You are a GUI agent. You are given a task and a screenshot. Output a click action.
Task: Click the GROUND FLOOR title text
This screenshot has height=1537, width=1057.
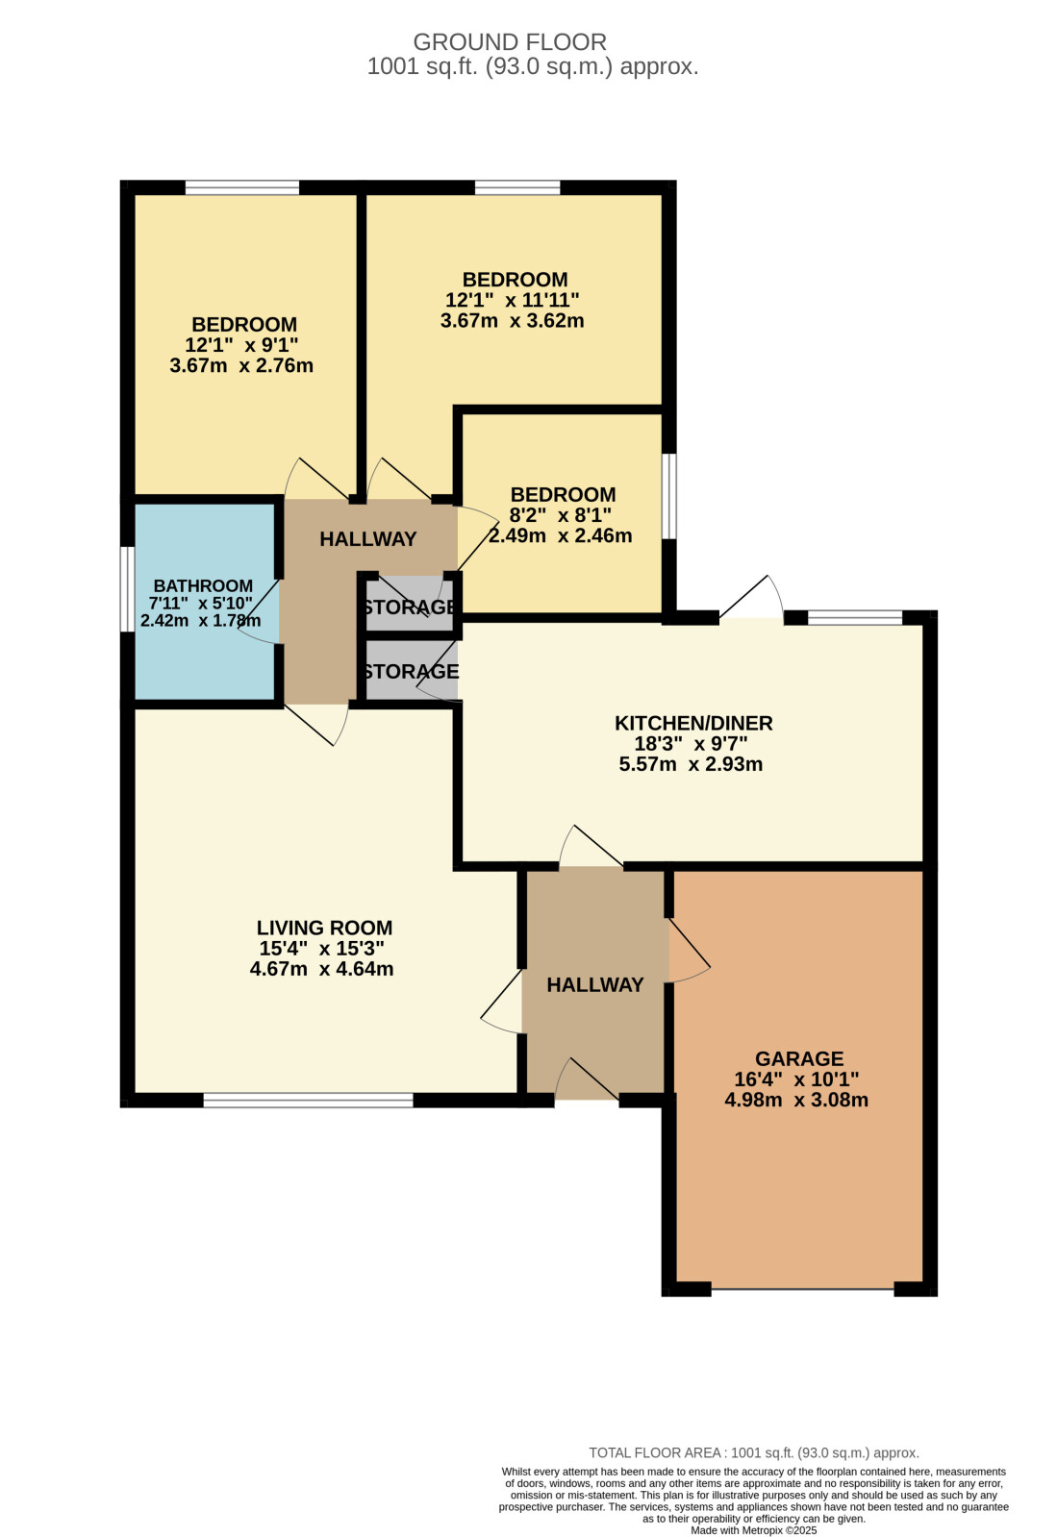(x=510, y=42)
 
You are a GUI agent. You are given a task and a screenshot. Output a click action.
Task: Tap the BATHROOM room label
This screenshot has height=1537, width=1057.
(x=203, y=586)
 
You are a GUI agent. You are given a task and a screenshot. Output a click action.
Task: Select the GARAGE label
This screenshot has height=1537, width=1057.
(x=799, y=1058)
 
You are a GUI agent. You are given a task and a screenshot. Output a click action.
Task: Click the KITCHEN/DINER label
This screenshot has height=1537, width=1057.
(x=693, y=723)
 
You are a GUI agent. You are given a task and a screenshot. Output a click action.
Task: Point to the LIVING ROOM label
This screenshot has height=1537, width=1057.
(x=325, y=928)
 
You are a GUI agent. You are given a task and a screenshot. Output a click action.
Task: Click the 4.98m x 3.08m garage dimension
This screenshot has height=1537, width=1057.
(x=796, y=1100)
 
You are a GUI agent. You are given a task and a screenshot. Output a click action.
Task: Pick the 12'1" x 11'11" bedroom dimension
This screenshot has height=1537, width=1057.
(x=512, y=300)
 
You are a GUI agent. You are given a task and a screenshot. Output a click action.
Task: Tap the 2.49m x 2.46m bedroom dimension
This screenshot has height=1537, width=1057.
(x=561, y=536)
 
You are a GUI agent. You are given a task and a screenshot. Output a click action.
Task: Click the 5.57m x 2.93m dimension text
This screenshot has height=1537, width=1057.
(x=691, y=764)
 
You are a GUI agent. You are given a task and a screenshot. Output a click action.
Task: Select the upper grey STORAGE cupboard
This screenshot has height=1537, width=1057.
(x=410, y=606)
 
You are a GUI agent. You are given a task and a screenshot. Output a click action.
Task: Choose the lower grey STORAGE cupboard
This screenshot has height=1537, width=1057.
(x=410, y=670)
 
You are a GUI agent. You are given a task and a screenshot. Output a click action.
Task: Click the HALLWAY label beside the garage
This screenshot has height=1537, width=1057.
(x=595, y=985)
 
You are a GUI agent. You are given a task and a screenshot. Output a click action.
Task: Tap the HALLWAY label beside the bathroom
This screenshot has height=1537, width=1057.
(x=368, y=539)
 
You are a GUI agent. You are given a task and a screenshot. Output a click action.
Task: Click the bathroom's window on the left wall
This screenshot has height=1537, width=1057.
(x=127, y=588)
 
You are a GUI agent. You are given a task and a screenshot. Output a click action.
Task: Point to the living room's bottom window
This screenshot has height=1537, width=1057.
(x=308, y=1100)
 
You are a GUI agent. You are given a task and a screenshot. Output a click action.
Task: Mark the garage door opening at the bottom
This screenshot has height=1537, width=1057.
(x=802, y=1290)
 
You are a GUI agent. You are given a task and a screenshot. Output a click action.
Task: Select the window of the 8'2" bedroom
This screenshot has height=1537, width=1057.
(x=669, y=496)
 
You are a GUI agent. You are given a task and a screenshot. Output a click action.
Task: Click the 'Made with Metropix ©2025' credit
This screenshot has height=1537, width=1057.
(x=754, y=1530)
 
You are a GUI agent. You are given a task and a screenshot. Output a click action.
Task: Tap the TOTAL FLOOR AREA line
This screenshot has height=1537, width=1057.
(x=754, y=1452)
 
